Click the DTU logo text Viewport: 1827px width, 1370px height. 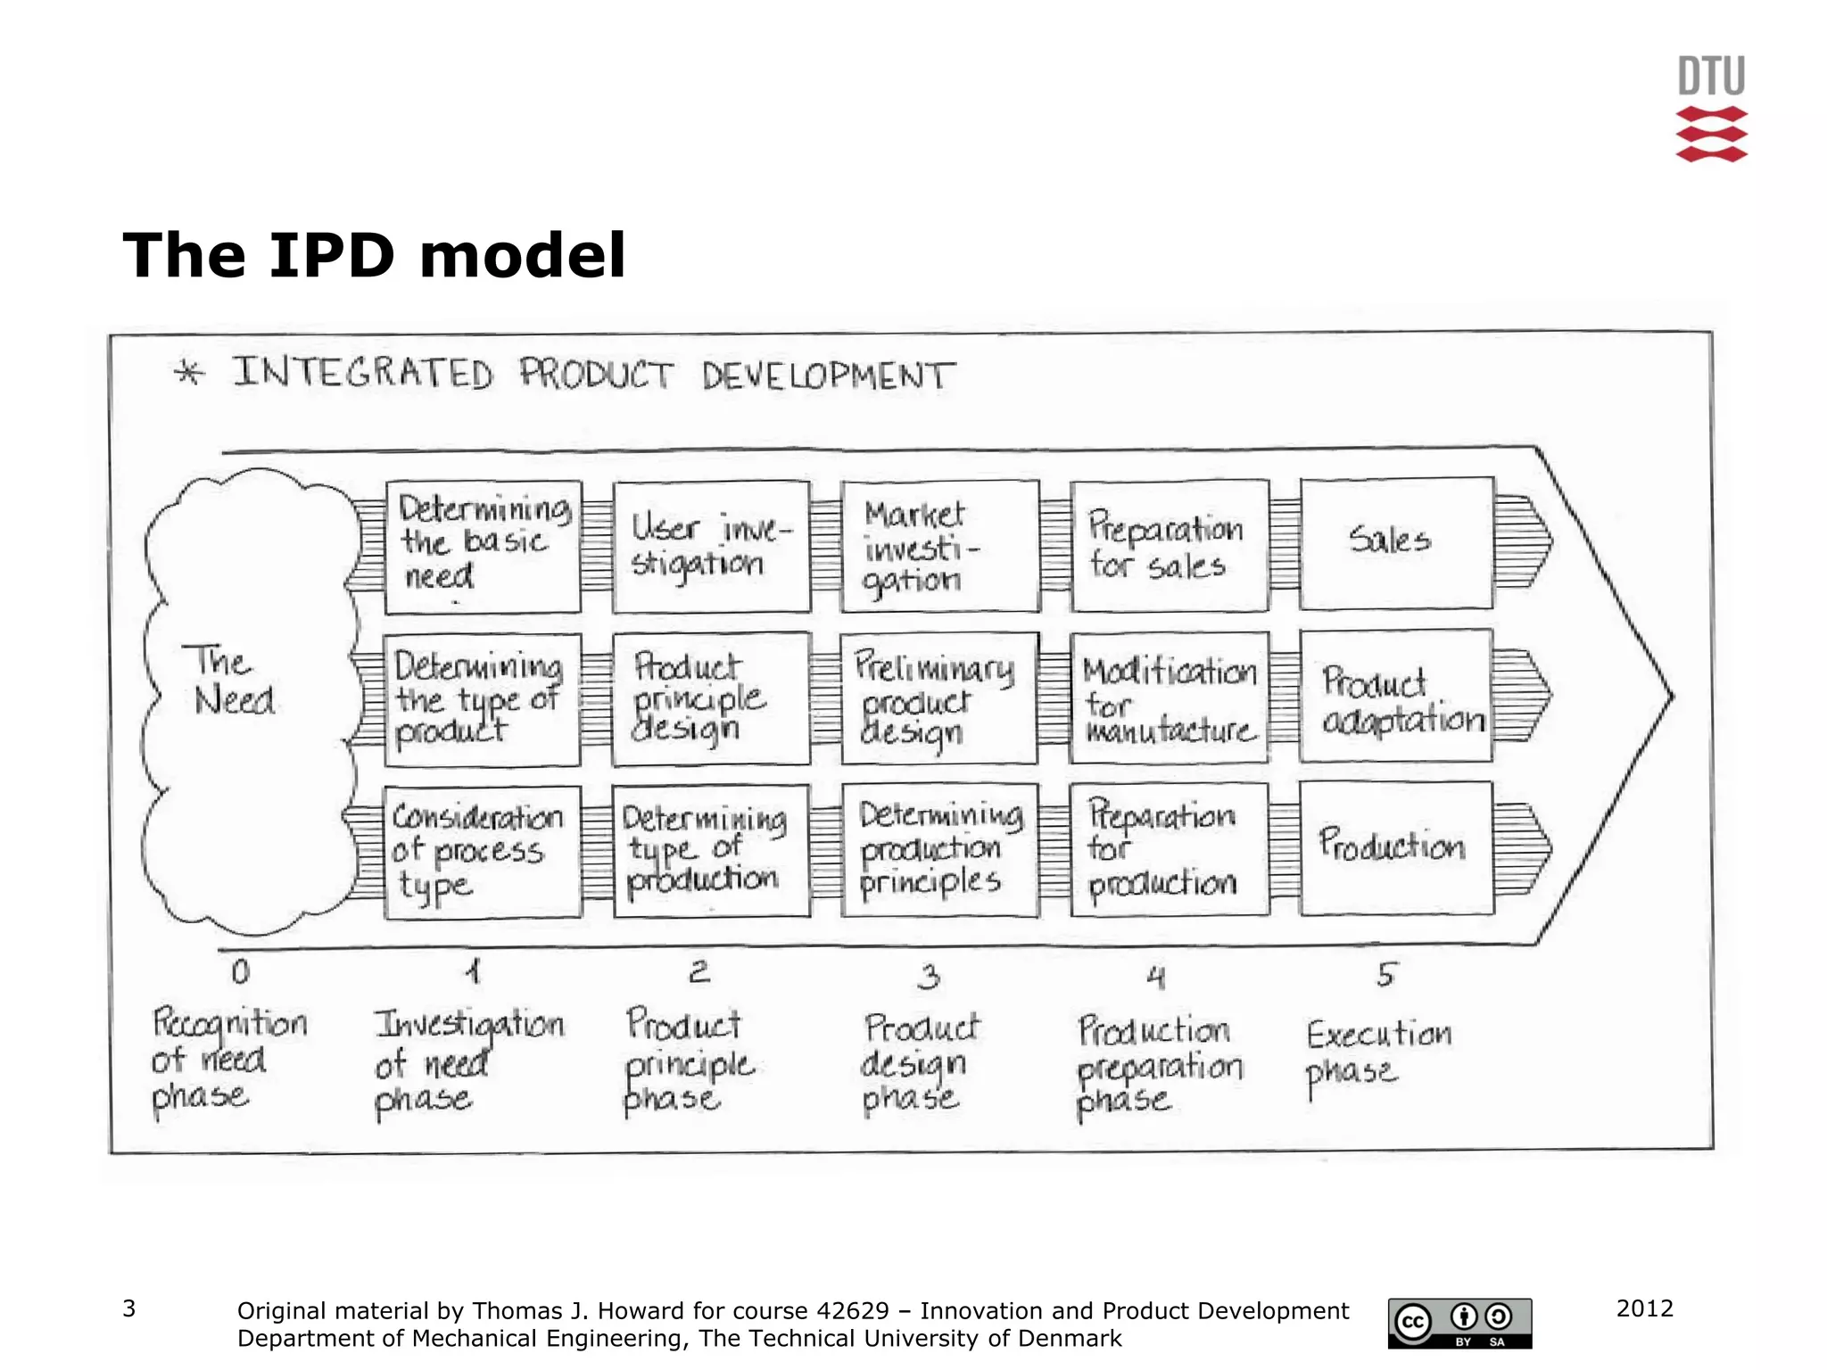1710,77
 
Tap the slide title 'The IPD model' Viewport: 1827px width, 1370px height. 374,256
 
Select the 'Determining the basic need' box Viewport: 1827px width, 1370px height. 483,547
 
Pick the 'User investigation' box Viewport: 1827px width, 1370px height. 711,547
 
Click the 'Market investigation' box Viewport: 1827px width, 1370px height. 939,547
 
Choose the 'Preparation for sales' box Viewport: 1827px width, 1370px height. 1169,546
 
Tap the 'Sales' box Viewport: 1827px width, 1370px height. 1396,543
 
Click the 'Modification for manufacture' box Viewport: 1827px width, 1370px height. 1169,698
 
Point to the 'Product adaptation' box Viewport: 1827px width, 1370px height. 1396,697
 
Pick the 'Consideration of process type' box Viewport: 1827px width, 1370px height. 483,852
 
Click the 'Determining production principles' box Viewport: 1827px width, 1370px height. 939,850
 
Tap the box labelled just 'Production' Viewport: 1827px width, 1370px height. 1396,848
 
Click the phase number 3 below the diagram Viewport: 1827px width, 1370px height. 929,978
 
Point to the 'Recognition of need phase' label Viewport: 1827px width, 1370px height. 227,1059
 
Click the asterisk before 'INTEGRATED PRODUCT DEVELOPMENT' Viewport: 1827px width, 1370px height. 188,372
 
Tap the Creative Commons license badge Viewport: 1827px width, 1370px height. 1459,1323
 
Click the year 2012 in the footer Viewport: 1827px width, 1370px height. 1644,1308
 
